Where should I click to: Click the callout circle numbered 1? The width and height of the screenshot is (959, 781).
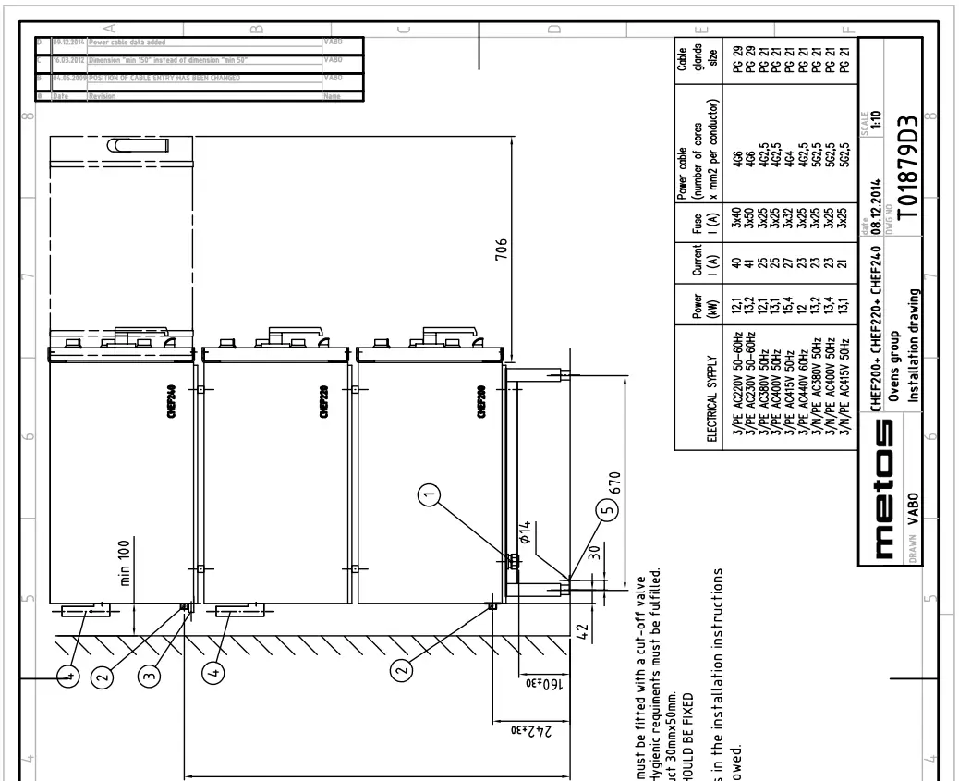[x=428, y=496]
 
